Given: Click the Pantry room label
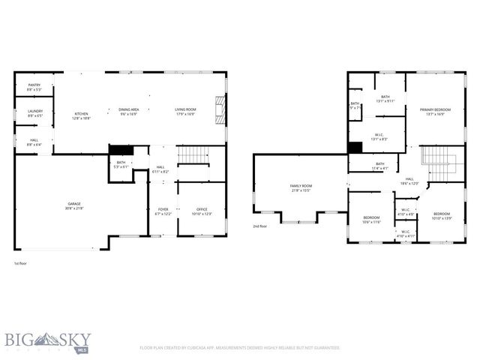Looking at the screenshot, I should (34, 87).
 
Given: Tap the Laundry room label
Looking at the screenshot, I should (35, 113).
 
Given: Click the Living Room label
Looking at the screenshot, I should (185, 112).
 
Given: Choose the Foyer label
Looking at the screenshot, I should (163, 211).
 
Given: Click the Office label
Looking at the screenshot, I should (202, 211).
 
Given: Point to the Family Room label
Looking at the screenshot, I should (301, 187).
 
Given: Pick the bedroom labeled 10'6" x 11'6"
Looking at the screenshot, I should (372, 219).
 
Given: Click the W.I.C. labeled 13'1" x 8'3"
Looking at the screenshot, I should (379, 137).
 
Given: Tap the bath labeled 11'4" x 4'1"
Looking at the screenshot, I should (379, 166).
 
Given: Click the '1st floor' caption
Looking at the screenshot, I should (22, 263).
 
